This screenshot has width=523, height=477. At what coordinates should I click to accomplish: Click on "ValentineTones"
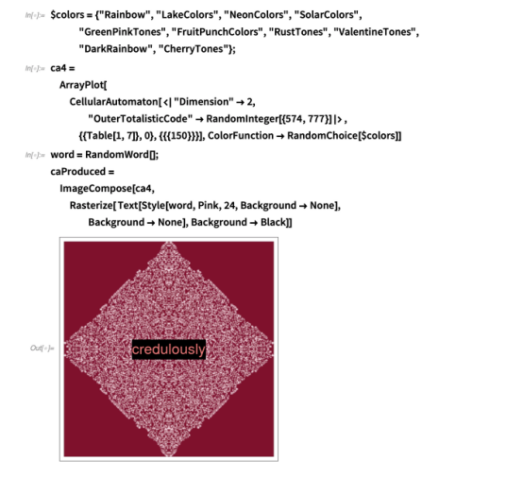[x=375, y=32]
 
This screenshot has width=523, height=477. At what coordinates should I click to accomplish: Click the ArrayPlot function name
[x=81, y=85]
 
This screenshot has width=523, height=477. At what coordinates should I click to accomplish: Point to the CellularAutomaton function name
[x=113, y=102]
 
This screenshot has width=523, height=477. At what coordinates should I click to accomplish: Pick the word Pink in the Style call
[x=207, y=205]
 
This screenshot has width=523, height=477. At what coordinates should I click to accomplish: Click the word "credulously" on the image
[x=169, y=349]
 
